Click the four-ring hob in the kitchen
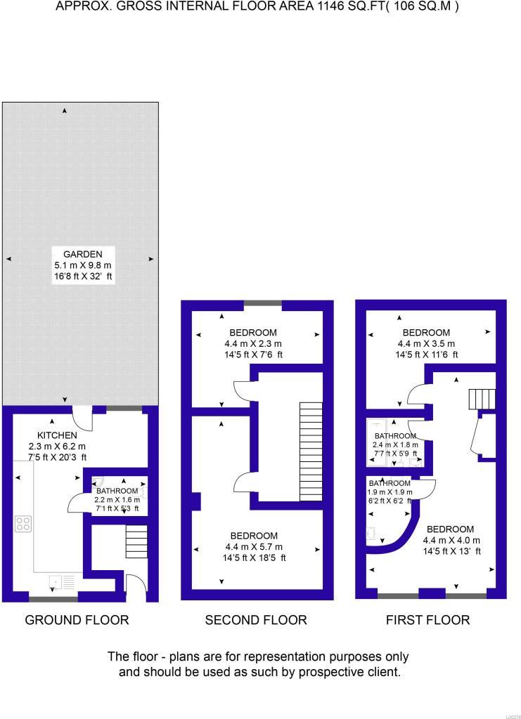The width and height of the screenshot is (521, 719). click(x=23, y=523)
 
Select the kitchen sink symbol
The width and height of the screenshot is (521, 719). click(x=56, y=581)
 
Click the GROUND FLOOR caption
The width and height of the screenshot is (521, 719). click(x=77, y=620)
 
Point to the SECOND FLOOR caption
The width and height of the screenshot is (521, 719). click(x=256, y=620)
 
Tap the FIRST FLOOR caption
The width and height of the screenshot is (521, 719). click(x=427, y=620)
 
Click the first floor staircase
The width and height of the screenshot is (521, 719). click(x=482, y=400)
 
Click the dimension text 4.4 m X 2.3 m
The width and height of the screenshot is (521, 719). click(x=253, y=344)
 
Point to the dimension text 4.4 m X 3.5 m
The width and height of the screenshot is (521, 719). click(x=426, y=344)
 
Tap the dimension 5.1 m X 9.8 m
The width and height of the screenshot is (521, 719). click(x=83, y=265)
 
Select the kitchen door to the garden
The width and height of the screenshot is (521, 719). click(x=82, y=418)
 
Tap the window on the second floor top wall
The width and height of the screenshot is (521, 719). click(x=263, y=305)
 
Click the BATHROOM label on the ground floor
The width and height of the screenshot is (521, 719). click(x=117, y=491)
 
